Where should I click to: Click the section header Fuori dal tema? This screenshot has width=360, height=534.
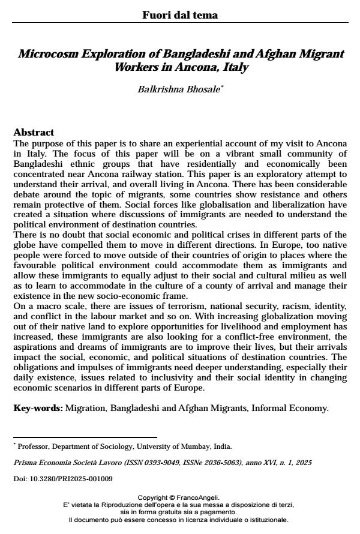(180, 15)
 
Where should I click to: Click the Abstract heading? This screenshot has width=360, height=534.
(34, 132)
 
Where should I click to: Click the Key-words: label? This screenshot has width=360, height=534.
(38, 408)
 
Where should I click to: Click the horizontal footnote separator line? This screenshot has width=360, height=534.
(85, 437)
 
